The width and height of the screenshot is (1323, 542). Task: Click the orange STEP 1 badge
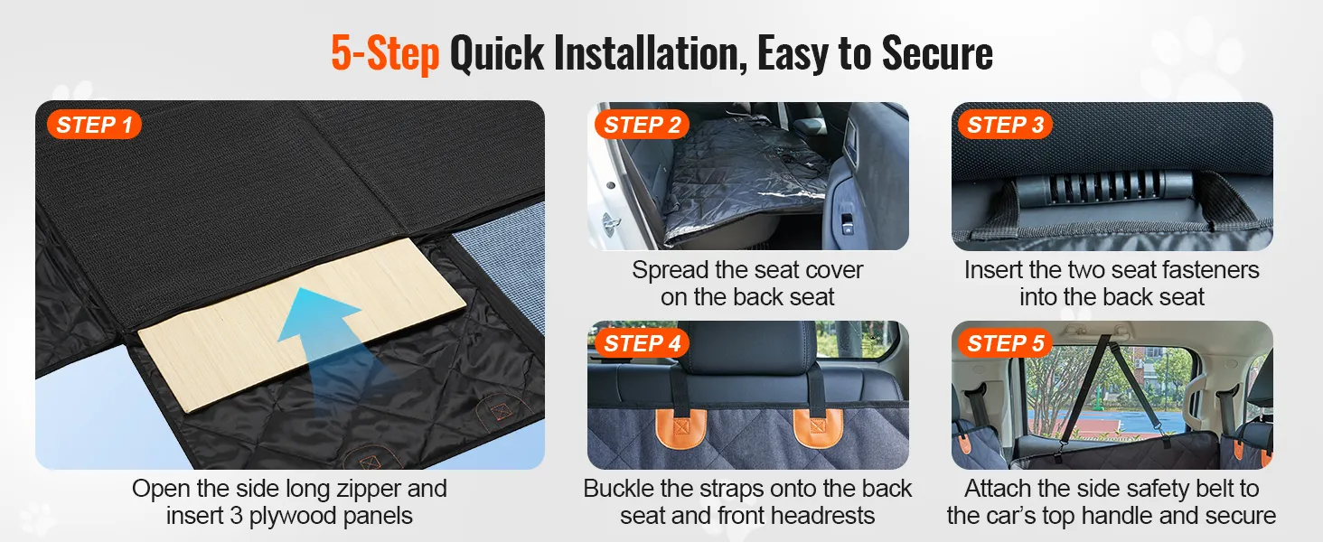[x=95, y=125]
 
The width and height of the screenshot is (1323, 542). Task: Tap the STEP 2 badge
[x=642, y=125]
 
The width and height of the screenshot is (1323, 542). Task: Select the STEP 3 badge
[x=1005, y=125]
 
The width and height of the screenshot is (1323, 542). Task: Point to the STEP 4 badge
[x=642, y=343]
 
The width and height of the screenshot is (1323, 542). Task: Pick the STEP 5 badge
[x=1005, y=343]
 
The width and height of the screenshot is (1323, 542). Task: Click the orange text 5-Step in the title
[x=385, y=53]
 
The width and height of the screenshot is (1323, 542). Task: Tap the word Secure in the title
[x=937, y=53]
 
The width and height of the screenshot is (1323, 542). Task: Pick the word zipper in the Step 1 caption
[x=369, y=490]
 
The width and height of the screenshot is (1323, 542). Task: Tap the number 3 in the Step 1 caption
[x=236, y=516]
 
